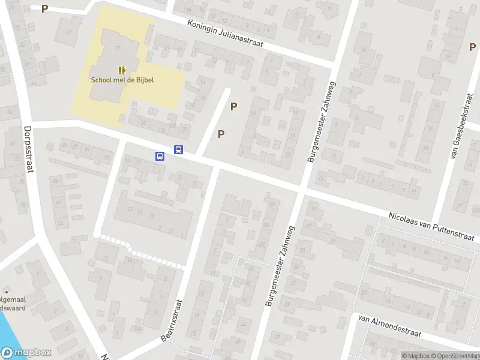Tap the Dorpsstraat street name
point(27,148)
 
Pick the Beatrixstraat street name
point(171,319)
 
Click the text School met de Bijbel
point(122,80)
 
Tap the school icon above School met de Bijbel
point(122,70)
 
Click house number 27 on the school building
point(118,48)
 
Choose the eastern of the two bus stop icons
point(178,150)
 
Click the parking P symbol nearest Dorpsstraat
point(44,9)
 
